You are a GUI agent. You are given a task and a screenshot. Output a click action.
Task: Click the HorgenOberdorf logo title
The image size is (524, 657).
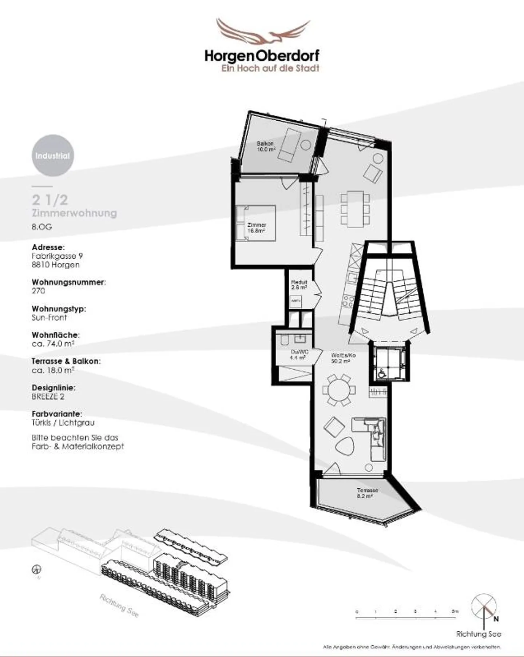coord(262,56)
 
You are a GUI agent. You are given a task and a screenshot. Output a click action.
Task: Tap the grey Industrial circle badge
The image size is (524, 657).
coord(53,156)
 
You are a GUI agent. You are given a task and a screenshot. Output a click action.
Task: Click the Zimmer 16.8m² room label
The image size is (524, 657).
coord(256,228)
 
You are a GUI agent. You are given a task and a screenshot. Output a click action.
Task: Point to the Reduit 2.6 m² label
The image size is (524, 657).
coord(299,285)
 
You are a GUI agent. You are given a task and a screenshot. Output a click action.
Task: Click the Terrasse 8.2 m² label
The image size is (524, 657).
coord(367,493)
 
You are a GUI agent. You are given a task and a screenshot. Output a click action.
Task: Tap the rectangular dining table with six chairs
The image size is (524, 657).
coord(355,209)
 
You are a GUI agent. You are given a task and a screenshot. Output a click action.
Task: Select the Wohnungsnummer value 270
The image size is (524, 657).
coord(39,291)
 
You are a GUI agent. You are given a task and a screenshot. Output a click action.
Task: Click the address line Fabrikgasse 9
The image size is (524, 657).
coord(57,256)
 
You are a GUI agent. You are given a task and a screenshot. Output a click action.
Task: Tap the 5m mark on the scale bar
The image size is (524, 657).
coord(455,611)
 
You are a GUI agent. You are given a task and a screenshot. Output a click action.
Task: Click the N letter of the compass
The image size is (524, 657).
coord(496,618)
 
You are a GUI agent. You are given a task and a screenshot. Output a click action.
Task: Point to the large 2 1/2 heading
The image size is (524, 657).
coord(50,200)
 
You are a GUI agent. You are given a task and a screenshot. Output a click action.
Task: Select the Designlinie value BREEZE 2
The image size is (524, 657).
coord(48,396)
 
